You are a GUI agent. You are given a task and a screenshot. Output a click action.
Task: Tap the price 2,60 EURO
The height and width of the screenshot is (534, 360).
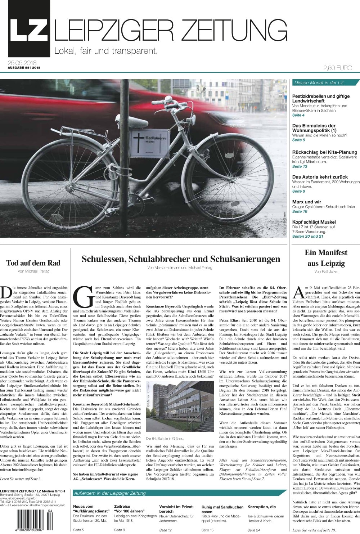337,68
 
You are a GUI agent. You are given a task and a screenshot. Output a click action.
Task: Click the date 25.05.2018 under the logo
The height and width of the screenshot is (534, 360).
23,63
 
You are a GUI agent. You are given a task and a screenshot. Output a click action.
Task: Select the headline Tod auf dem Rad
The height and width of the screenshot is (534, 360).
33,263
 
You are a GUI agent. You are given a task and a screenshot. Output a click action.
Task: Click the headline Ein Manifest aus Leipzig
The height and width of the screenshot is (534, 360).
326,258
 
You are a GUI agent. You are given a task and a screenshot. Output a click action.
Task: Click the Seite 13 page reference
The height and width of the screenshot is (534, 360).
300,166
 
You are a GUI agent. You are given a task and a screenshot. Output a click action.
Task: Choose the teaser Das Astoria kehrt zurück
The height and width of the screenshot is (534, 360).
320,177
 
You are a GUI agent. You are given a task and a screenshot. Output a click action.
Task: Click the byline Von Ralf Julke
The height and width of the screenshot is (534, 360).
326,272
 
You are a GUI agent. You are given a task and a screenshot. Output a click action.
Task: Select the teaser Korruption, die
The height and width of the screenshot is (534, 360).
261,507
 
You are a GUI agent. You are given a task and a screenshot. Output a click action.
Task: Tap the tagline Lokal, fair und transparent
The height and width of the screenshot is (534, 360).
106,51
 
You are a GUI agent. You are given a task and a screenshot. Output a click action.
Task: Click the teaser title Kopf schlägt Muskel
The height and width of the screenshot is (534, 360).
314,222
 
